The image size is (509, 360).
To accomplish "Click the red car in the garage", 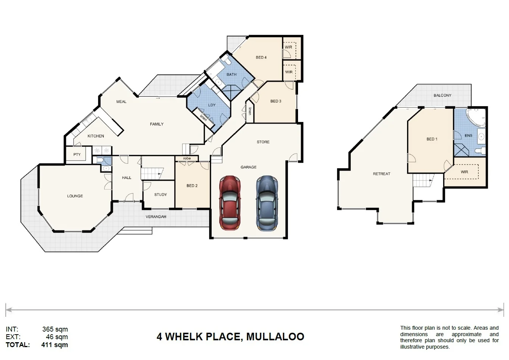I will coord(230,203).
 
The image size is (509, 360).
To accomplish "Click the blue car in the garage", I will coord(267,203).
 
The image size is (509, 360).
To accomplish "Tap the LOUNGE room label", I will coord(75,196).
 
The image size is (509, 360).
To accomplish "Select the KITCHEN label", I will coord(96,136).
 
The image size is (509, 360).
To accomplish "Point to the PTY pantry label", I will coord(77,155).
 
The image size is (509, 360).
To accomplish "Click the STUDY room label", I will coord(161,194).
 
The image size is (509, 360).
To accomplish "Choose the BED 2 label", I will coord(192,186).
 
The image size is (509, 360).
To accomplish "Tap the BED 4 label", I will coord(261,58).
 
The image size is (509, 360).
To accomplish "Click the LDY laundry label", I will coord(212,105).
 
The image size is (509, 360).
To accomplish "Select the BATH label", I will coord(231,75).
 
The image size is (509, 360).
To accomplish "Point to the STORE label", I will coord(263,142).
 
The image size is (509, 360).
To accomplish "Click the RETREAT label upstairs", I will coord(381,174).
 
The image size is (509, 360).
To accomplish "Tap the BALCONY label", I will coord(442,95).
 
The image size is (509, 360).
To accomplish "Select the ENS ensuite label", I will coord(468,135).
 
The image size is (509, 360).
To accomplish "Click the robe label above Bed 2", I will coord(187,158).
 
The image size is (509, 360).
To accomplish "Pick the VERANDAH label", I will coord(156,217).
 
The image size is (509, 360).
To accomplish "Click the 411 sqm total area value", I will coord(55,345).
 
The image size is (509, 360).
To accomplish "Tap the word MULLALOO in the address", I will coord(275,337).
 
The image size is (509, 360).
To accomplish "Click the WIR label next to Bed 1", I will coord(464,172).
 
